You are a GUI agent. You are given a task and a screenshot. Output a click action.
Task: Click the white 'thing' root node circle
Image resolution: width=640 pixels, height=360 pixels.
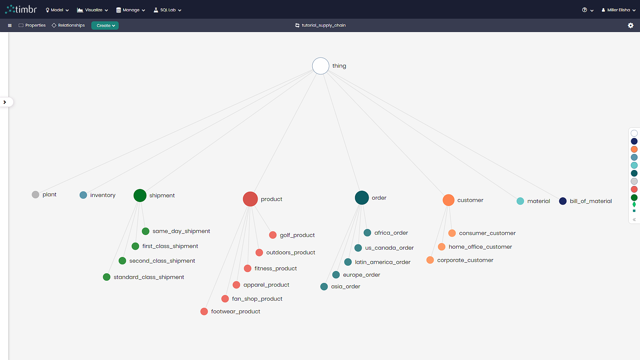pos(321,66)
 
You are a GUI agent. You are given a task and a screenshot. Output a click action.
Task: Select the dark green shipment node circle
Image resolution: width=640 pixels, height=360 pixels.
pos(140,195)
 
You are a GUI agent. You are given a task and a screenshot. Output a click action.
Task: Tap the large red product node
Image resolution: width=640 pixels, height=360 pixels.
pos(250,199)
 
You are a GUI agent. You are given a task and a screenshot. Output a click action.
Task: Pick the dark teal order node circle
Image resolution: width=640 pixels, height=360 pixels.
pos(362,198)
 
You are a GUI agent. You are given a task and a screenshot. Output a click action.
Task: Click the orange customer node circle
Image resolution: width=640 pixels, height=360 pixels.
pos(449,200)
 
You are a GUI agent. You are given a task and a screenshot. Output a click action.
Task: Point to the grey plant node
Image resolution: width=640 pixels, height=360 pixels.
pos(35,195)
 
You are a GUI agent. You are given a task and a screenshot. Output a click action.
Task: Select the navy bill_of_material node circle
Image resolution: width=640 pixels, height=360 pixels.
pos(563,201)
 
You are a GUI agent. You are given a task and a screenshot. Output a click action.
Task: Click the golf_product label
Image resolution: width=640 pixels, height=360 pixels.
pos(297,235)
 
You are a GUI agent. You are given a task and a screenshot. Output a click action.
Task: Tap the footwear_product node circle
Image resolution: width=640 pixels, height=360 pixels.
pos(204,311)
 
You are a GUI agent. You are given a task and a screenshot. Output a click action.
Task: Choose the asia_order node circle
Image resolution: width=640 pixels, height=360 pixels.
pos(324,287)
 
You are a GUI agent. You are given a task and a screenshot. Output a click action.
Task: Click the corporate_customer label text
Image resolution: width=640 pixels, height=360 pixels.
pos(465,260)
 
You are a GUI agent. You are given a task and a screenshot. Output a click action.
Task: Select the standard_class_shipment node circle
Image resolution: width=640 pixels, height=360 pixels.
pos(107,277)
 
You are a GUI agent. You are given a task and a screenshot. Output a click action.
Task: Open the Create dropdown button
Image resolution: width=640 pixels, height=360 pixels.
pos(105,25)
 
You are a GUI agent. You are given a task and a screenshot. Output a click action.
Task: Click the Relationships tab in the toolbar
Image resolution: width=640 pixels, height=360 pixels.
pos(68,25)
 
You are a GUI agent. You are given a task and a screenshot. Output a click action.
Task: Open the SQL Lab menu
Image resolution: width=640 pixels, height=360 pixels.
pos(167,10)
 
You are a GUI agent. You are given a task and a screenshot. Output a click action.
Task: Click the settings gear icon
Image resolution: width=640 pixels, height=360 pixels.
pos(631,25)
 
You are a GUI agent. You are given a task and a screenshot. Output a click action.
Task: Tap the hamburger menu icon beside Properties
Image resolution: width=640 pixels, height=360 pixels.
pos(10,25)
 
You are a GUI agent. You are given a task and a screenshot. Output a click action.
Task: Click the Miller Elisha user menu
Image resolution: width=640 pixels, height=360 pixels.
pos(619,10)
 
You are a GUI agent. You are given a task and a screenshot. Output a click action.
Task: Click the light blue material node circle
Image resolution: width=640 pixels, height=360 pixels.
pos(520,201)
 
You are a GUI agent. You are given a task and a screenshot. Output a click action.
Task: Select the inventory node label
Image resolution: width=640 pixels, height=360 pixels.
pos(103,195)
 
